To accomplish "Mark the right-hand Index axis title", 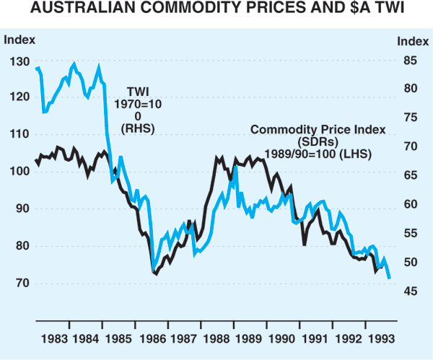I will (412, 40).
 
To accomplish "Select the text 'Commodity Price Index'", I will (318, 130).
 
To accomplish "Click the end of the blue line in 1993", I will (390, 278).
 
